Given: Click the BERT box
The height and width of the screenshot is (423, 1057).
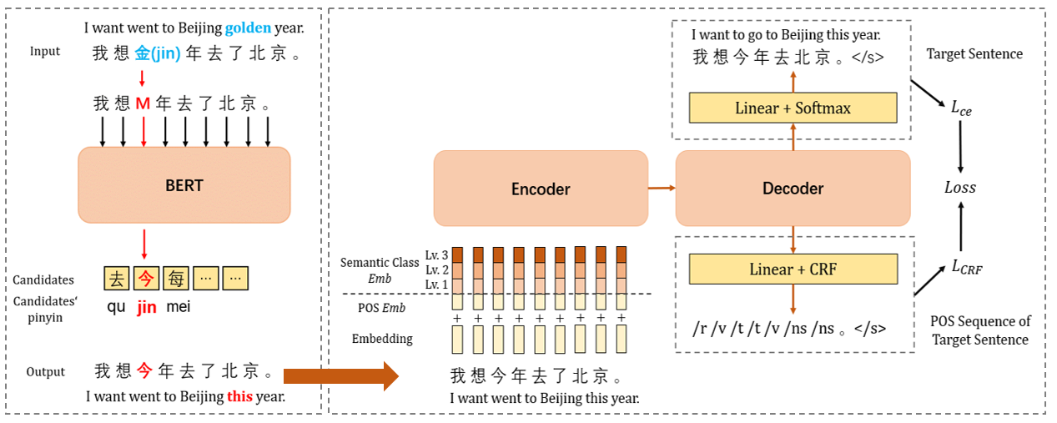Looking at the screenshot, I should click(x=184, y=185).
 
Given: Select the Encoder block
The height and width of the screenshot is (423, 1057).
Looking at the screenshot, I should click(x=541, y=189).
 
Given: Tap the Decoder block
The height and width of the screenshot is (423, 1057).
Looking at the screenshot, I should click(x=793, y=189).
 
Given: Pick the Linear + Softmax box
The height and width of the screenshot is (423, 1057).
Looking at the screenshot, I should click(x=793, y=108).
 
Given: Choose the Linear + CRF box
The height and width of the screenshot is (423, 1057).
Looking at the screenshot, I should click(x=793, y=269).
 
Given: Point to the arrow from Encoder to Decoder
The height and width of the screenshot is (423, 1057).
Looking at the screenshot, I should click(x=662, y=189).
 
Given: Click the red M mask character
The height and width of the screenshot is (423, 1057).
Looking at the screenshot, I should click(x=143, y=104).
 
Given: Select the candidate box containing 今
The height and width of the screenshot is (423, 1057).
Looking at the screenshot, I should click(x=146, y=278).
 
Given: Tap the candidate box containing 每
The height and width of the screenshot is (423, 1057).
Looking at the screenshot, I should click(x=174, y=278).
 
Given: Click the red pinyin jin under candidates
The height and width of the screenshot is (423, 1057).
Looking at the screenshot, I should click(x=147, y=307).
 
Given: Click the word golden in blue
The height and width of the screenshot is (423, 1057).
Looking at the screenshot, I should click(x=248, y=28).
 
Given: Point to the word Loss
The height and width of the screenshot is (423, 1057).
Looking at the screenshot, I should click(x=959, y=188).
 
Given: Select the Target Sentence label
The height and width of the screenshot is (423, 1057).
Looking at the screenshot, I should click(x=974, y=54).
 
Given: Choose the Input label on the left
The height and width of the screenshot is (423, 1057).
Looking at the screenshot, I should click(x=45, y=52).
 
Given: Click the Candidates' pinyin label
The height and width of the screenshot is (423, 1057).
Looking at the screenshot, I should click(x=43, y=309).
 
